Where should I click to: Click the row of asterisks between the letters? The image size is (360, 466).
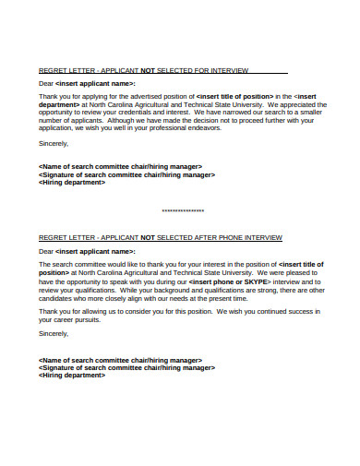(x=182, y=210)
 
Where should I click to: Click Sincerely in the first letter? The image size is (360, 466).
(x=54, y=144)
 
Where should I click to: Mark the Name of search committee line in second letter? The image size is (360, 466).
(x=120, y=359)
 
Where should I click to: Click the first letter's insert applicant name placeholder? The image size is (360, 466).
(x=95, y=83)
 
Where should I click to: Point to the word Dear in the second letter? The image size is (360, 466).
(x=46, y=250)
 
